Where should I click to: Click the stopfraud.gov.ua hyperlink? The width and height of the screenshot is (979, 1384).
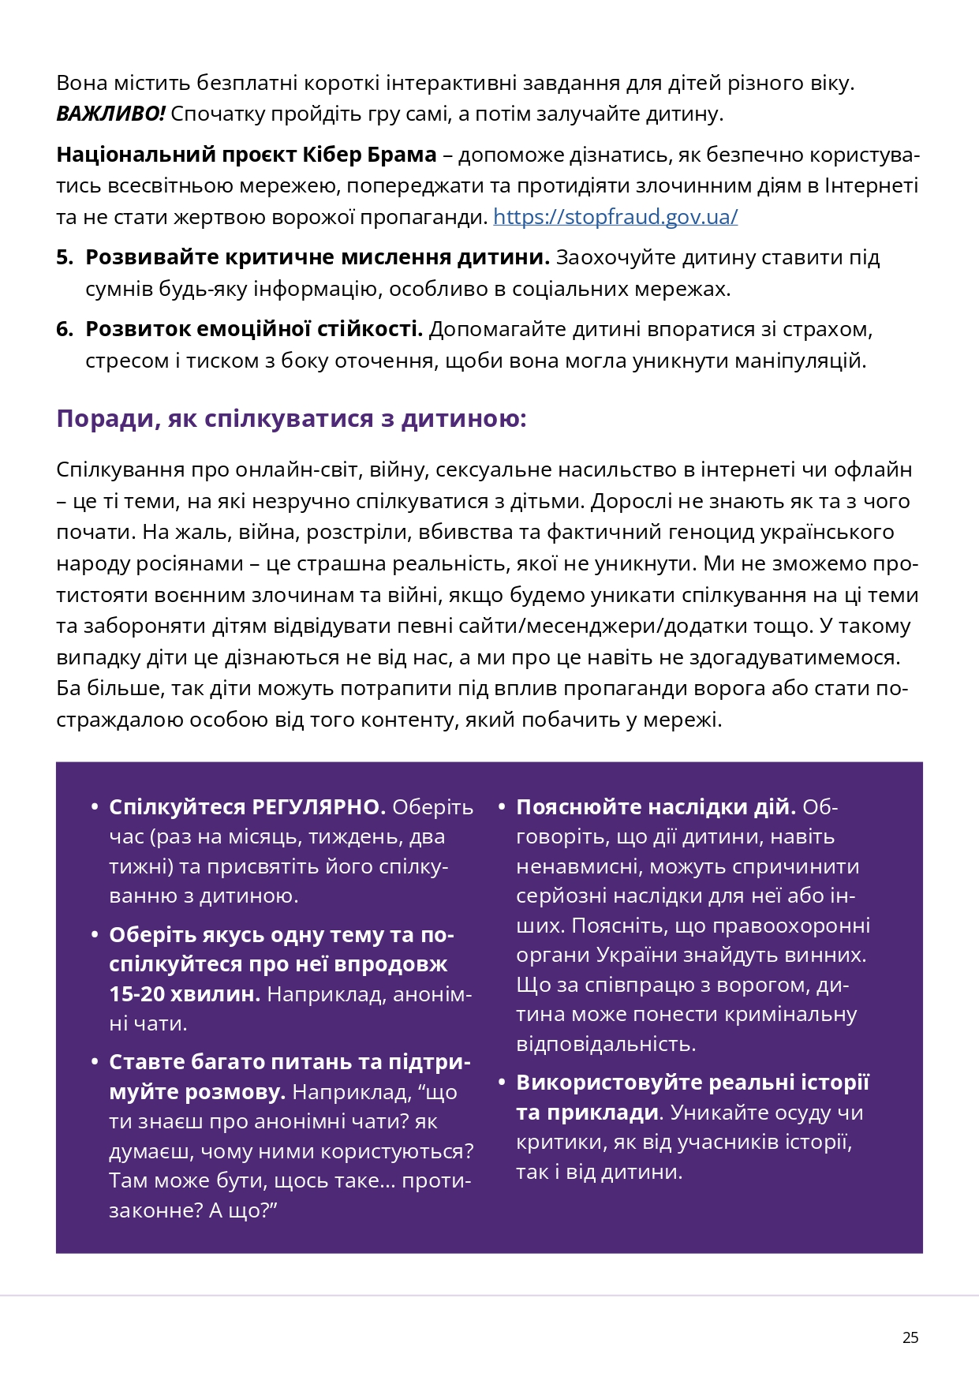615,217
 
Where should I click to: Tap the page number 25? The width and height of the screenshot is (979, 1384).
910,1337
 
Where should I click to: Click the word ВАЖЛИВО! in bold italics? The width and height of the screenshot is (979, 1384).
110,114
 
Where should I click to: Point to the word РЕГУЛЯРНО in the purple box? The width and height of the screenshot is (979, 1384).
318,807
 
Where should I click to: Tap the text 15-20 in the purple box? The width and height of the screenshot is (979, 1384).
136,994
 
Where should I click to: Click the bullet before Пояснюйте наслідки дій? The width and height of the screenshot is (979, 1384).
501,807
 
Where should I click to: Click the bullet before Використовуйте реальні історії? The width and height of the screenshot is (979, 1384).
501,1083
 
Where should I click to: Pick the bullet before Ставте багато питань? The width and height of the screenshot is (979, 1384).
95,1063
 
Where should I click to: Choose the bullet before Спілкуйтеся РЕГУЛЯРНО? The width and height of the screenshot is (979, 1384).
95,807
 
